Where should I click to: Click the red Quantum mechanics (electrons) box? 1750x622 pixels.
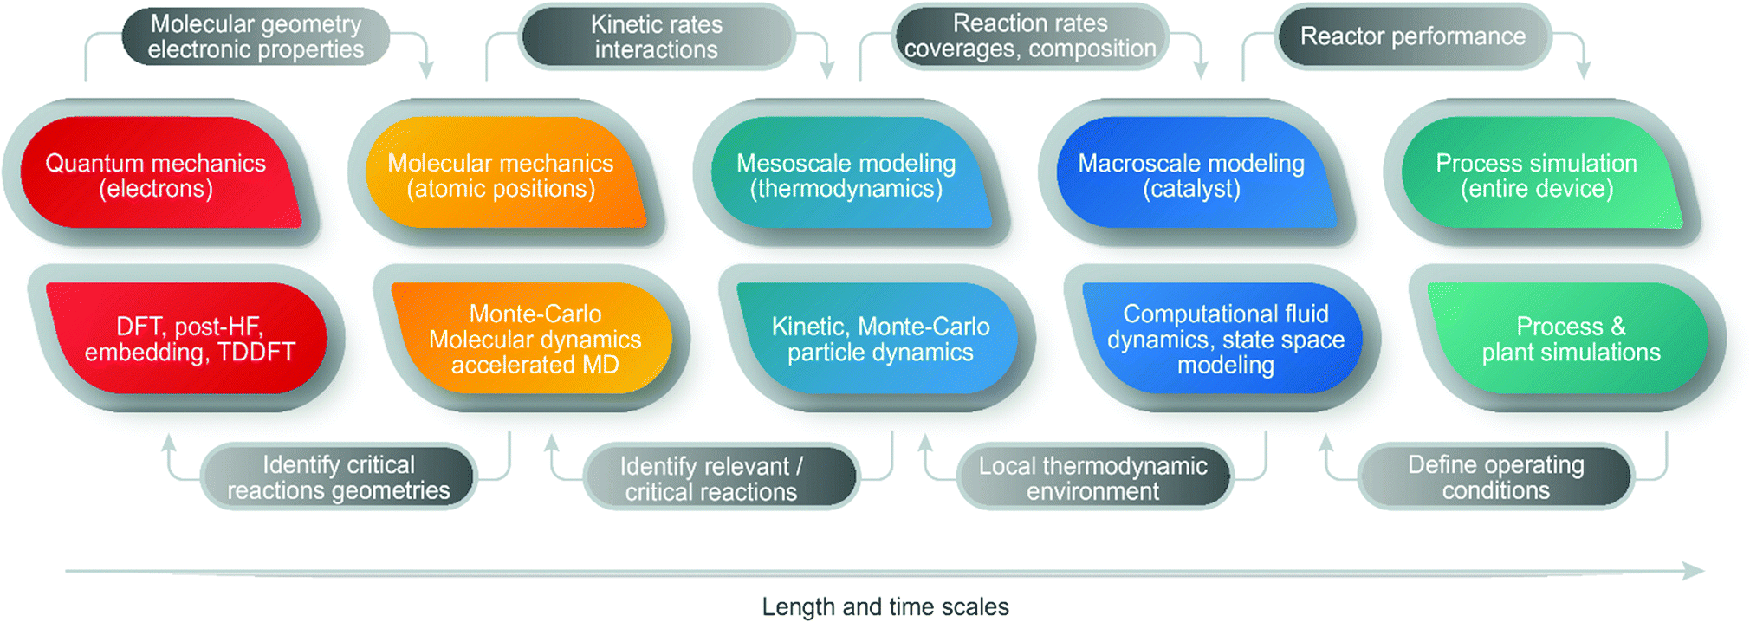point(161,173)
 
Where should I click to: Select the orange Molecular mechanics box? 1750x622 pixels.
point(507,173)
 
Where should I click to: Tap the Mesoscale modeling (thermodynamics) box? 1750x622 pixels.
point(852,173)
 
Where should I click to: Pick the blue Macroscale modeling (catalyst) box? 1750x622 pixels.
point(1197,173)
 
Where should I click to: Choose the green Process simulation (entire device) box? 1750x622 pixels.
point(1543,173)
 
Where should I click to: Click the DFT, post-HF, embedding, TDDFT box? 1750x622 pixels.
point(186,339)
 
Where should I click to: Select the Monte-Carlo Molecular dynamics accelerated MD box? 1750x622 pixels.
point(532,339)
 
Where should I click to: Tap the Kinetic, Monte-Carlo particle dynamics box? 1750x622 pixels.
point(878,339)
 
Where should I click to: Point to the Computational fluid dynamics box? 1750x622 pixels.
point(1222,339)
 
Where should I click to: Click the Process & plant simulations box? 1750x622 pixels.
point(1568,339)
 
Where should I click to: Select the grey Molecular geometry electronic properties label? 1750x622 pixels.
point(256,36)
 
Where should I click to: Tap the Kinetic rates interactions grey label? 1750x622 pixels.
point(657,36)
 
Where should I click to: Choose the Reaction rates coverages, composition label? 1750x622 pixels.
point(1030,36)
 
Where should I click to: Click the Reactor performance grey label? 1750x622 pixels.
point(1413,36)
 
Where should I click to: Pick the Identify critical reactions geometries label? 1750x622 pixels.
point(339,476)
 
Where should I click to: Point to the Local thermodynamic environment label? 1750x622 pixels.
point(1095,476)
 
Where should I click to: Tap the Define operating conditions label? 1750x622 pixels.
point(1496,476)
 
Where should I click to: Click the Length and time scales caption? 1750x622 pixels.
point(885,606)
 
